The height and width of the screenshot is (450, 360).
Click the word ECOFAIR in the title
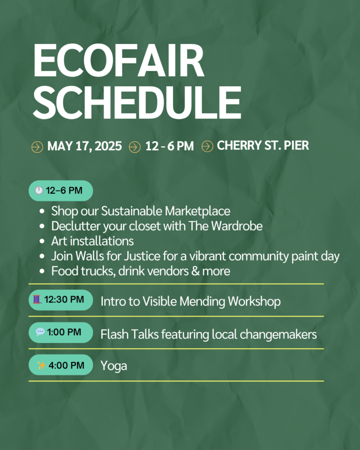pos(119,61)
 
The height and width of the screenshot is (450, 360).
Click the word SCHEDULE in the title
pos(137,103)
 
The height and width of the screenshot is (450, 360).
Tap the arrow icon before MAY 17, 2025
pos(37,147)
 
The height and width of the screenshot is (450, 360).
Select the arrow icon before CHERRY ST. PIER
pos(207,146)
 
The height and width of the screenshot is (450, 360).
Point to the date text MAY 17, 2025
pos(85,146)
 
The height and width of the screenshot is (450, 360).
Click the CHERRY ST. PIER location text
pos(263,145)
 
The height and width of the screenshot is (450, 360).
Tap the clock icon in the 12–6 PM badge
pos(39,190)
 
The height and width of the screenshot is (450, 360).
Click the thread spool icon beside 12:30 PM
pos(37,299)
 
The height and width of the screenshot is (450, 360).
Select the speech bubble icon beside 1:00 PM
pos(40,332)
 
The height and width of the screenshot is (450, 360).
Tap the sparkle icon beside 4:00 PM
pos(41,365)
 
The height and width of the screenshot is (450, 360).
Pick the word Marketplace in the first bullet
pos(198,211)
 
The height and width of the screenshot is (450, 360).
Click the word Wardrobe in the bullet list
pos(237,226)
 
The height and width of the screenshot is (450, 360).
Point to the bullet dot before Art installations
pos(42,241)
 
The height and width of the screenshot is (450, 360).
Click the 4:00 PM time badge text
pos(66,365)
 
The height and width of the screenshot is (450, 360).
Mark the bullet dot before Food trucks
pos(42,271)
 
